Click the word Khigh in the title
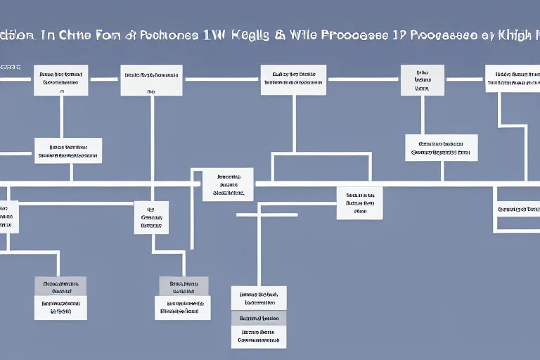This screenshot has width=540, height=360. click(x=515, y=37)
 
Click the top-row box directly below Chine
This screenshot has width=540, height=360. click(x=61, y=80)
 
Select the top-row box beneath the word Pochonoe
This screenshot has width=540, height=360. click(x=151, y=80)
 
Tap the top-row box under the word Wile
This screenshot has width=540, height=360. click(x=293, y=79)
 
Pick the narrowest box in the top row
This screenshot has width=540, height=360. click(x=422, y=79)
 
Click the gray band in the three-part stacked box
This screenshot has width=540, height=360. click(x=259, y=317)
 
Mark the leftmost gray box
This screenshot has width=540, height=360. click(x=60, y=286)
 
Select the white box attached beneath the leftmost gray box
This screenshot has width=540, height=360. click(x=60, y=307)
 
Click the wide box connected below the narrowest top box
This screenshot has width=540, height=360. click(x=442, y=148)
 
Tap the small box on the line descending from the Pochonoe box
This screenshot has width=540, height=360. click(x=151, y=217)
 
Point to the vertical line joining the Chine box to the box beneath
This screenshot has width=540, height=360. click(x=61, y=116)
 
